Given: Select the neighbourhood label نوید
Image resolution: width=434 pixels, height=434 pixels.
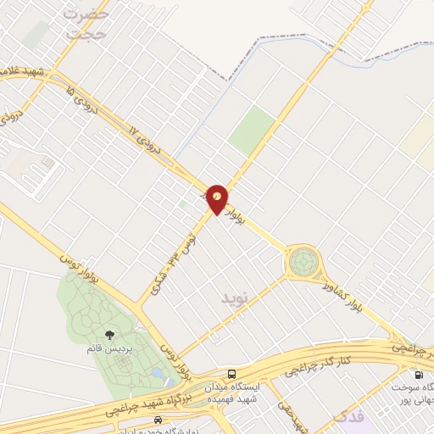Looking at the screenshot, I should [x=236, y=298].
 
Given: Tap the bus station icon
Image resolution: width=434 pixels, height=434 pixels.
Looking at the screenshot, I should [x=232, y=374].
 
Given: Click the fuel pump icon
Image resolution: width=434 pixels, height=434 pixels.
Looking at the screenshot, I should [x=418, y=376].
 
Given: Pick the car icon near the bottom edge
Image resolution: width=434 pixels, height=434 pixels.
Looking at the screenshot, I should [x=158, y=420].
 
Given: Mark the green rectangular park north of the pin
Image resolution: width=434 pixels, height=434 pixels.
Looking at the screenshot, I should [x=252, y=131].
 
